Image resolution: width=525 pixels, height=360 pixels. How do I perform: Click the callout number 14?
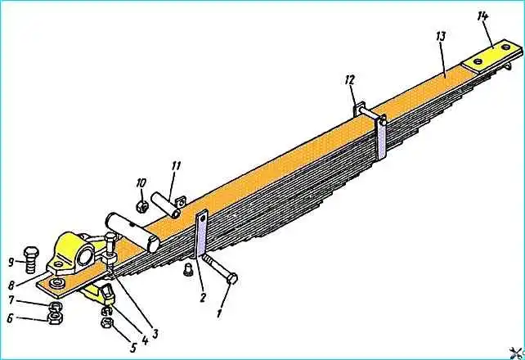coord(483,16)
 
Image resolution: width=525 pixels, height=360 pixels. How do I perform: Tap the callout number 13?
coord(441,36)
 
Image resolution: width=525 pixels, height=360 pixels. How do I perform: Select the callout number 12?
coord(349,80)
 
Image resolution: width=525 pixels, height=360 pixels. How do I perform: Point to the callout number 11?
coord(176,166)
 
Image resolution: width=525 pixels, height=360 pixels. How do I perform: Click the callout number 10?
coord(141,182)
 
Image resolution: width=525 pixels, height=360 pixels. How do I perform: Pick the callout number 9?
coord(11,262)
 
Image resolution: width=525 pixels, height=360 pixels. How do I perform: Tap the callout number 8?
coord(11,286)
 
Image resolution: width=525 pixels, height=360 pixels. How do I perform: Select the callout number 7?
coord(11,300)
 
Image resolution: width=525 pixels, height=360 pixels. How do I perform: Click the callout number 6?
coord(10,318)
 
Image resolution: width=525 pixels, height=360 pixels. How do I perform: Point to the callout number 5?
coord(133,348)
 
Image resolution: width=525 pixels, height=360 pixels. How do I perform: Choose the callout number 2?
coord(203,297)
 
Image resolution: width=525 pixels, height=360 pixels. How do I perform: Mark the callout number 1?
coord(219,313)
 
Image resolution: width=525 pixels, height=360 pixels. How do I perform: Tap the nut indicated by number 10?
coord(142,206)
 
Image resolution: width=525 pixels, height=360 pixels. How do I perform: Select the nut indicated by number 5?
coord(107,323)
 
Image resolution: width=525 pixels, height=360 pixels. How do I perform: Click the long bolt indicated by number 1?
coord(219,268)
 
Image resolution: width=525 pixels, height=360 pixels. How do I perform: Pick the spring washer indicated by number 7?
coord(54,306)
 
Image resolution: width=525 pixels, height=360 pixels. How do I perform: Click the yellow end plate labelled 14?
coord(492,56)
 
